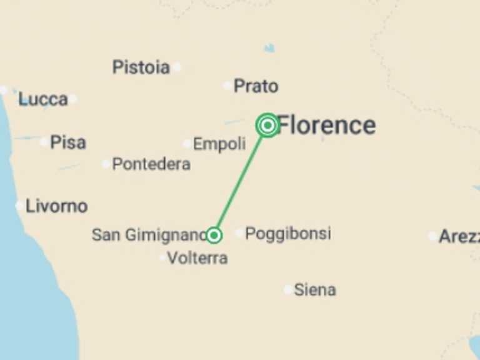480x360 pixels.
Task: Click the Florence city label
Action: click(326, 125)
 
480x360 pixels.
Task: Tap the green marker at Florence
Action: click(267, 126)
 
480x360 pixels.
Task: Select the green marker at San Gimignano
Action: click(214, 235)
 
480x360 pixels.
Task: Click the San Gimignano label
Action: click(149, 235)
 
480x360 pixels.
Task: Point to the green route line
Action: click(241, 181)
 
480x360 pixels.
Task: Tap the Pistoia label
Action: click(141, 67)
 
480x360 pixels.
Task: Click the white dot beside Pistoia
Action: click(177, 67)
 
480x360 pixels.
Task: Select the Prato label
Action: click(256, 86)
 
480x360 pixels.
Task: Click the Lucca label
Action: click(42, 99)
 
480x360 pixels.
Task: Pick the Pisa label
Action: click(68, 142)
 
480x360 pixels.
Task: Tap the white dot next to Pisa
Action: click(44, 142)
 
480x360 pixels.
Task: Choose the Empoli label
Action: click(219, 144)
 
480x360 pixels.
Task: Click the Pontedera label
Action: click(151, 164)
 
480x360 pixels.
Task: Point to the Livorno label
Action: click(56, 206)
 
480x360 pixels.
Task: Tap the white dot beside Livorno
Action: click(19, 206)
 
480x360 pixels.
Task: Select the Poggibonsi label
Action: click(287, 234)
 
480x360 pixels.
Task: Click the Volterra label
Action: click(197, 257)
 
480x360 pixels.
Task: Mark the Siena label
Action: click(314, 289)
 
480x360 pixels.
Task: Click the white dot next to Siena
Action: click(287, 289)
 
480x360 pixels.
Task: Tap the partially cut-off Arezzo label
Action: click(459, 236)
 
